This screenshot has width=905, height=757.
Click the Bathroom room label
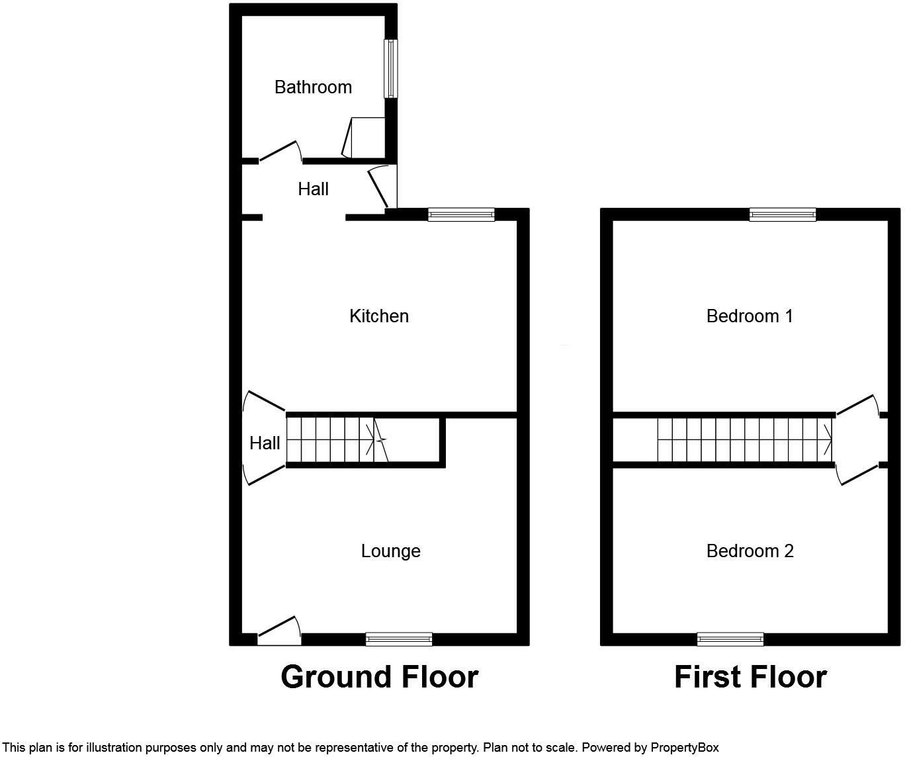(313, 87)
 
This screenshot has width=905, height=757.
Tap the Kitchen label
(379, 316)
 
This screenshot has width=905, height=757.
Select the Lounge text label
(390, 551)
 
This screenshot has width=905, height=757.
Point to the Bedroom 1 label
(750, 316)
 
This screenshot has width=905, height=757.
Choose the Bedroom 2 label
(750, 551)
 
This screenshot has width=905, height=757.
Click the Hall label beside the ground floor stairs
(265, 443)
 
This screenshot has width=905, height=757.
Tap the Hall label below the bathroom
(313, 189)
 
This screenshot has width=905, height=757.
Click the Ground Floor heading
(379, 677)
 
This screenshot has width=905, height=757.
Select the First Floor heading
(750, 677)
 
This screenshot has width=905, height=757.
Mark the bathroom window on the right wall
(391, 69)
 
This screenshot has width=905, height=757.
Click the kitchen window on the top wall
(461, 214)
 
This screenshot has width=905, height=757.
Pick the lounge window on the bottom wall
(399, 639)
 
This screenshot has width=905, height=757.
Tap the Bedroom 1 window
(783, 214)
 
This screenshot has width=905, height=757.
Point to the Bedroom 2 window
(730, 639)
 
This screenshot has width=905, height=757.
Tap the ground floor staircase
(337, 440)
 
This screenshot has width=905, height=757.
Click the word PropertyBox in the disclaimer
(684, 748)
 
